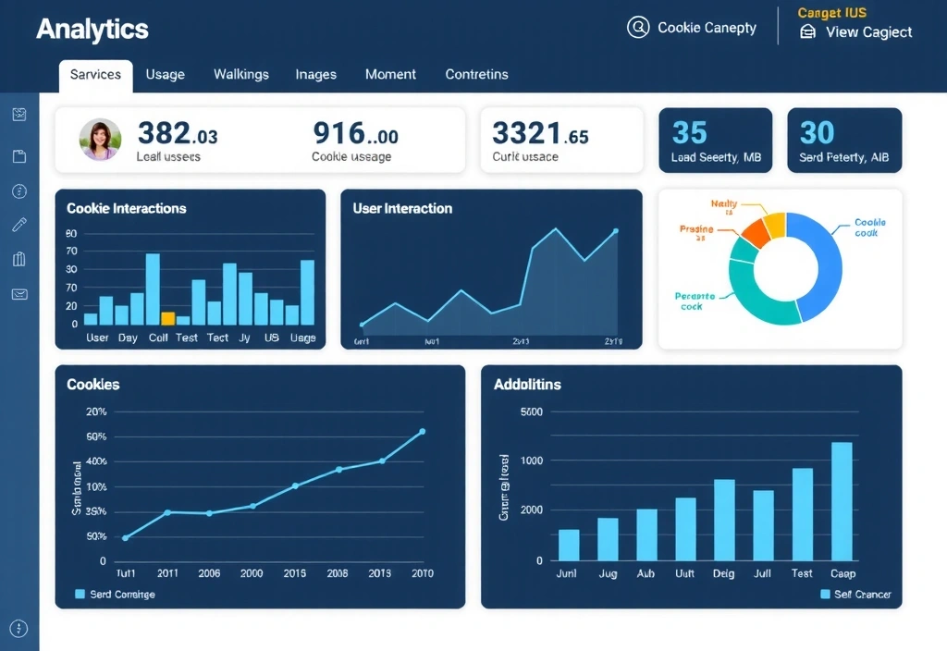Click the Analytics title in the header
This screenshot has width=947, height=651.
(x=92, y=30)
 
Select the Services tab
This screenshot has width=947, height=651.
(x=95, y=75)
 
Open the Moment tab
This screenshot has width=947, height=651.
(x=390, y=75)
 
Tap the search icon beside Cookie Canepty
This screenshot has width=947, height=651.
(x=638, y=28)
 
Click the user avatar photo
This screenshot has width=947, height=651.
(x=100, y=140)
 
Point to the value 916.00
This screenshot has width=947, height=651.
(x=355, y=135)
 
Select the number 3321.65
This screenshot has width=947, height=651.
(x=540, y=135)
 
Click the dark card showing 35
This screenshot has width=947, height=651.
(x=715, y=141)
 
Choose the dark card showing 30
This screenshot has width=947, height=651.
(x=843, y=141)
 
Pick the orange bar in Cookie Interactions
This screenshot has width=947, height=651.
(x=167, y=318)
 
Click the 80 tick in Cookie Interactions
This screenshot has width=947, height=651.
(x=72, y=234)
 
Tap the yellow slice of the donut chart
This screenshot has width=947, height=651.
(x=774, y=224)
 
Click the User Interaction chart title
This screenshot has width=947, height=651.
(x=402, y=209)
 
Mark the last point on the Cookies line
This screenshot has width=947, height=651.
(x=423, y=432)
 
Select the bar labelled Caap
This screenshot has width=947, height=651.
(x=842, y=501)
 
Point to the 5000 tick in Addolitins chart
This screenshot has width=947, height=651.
(x=532, y=412)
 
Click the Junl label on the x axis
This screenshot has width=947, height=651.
(x=566, y=573)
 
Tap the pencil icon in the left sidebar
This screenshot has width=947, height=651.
(x=19, y=225)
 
